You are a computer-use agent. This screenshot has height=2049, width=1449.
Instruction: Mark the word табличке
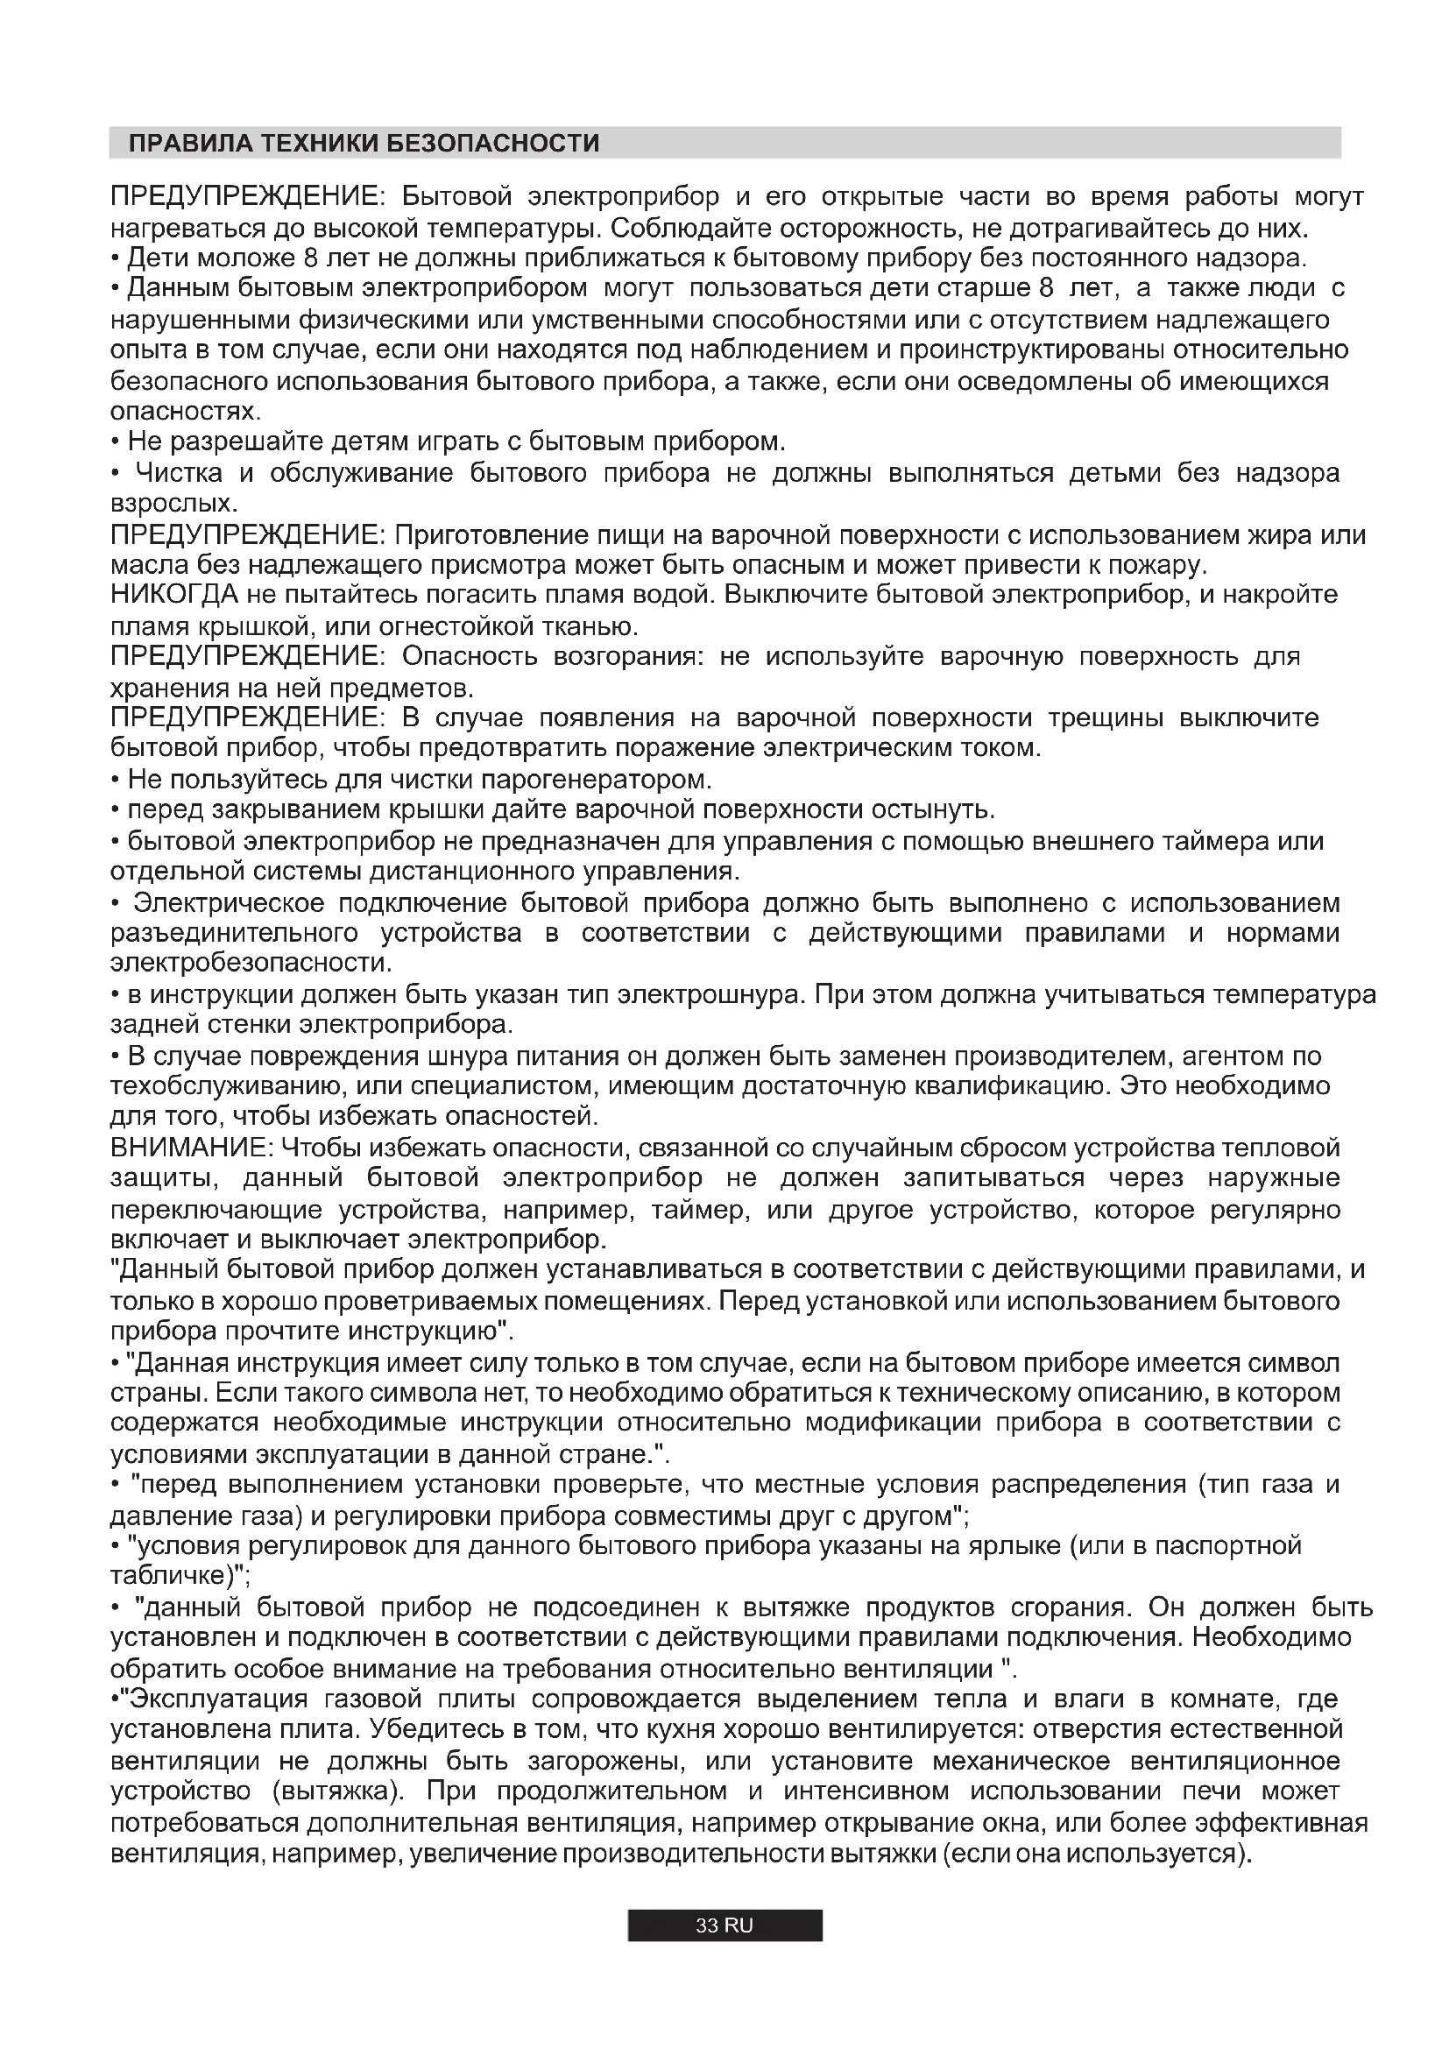[x=166, y=1576]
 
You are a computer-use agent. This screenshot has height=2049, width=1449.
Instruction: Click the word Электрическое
[x=229, y=903]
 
